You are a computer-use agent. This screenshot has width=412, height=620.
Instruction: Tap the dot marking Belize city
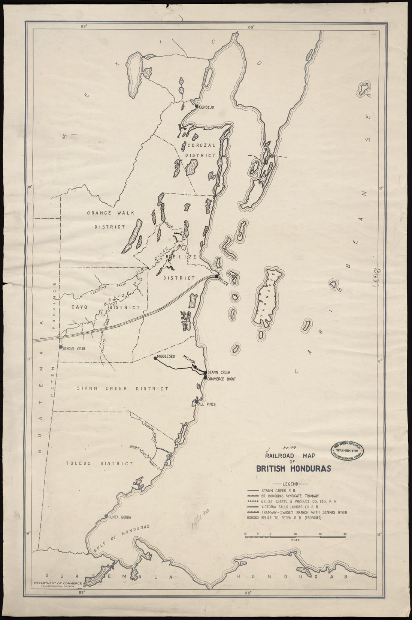(x=216, y=277)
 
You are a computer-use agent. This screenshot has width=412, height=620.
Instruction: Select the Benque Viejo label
(x=75, y=348)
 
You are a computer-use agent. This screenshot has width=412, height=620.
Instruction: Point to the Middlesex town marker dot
(x=155, y=358)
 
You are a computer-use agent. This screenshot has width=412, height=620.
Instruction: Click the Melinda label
(x=189, y=359)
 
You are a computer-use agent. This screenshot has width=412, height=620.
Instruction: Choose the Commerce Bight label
(x=221, y=379)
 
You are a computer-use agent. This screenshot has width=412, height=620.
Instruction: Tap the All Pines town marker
(x=197, y=402)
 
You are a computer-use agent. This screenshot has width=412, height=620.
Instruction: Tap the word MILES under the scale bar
(x=295, y=540)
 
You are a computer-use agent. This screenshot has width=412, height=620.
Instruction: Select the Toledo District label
(x=99, y=464)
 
